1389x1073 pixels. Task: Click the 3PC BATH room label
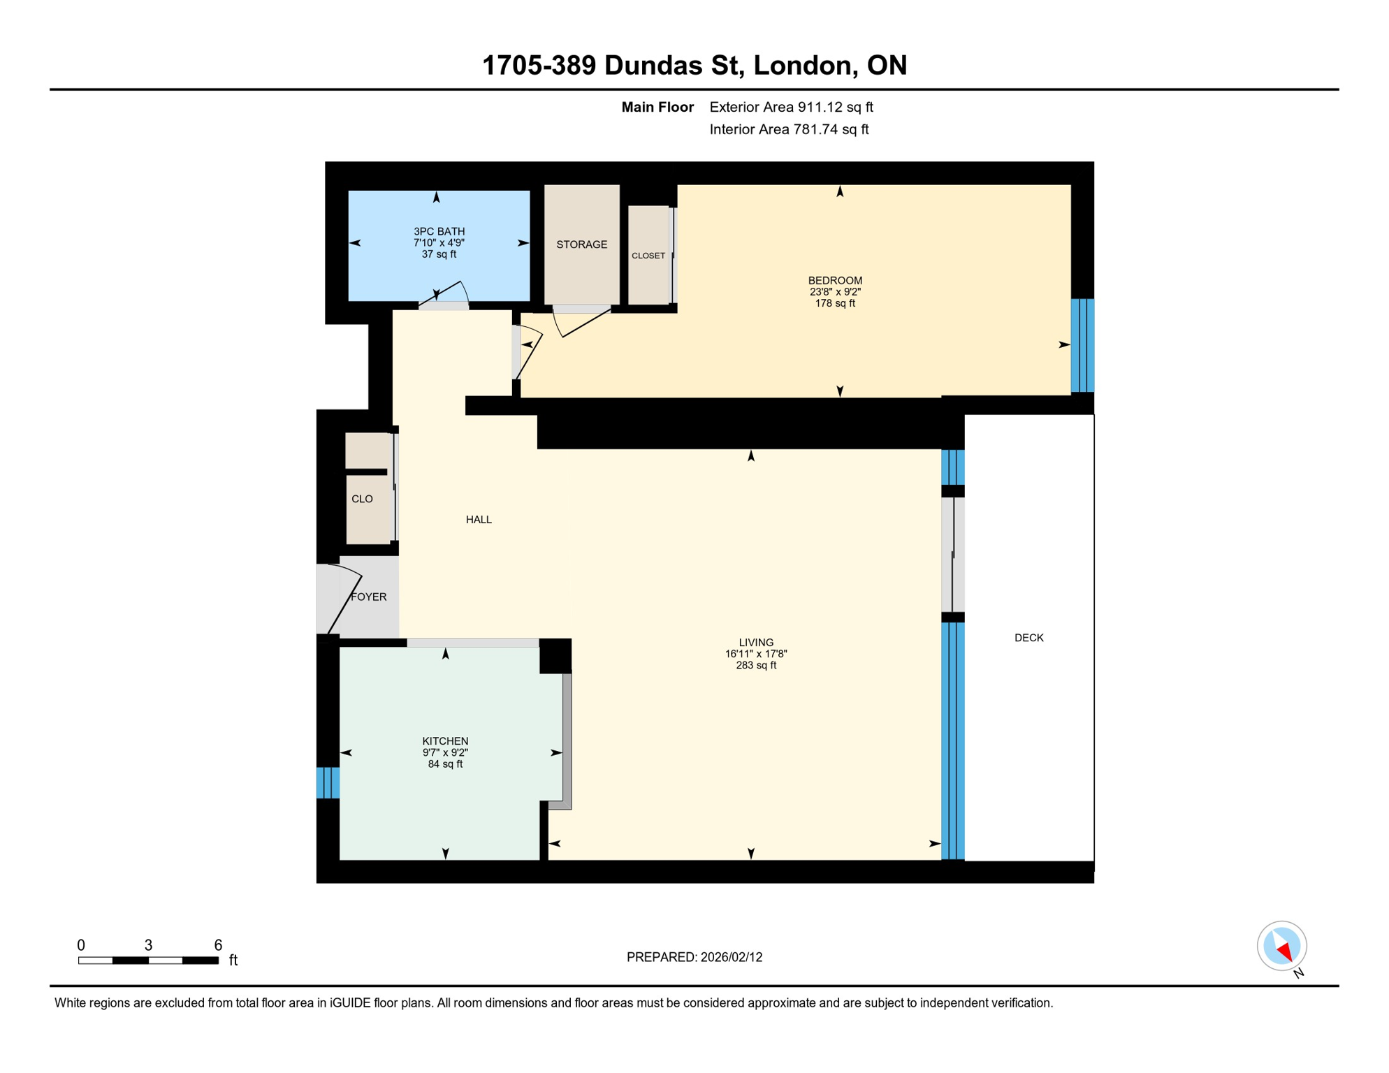tap(439, 231)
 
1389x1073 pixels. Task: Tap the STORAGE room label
tap(581, 244)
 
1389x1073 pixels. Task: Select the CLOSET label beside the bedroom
tap(648, 256)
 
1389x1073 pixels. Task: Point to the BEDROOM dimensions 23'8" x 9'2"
tap(835, 292)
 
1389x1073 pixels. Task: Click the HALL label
tap(479, 520)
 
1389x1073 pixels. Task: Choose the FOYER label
tap(368, 597)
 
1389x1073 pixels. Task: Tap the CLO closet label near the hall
tap(362, 499)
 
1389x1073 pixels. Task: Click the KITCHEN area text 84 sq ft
tap(445, 764)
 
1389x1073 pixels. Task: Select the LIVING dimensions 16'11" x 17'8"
tap(756, 654)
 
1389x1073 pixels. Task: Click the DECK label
tap(1028, 638)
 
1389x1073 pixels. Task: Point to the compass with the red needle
tap(1281, 947)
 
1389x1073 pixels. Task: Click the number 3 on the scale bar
tap(148, 945)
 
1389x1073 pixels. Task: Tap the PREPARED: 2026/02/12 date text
tap(694, 957)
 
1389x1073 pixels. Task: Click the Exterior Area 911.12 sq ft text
tap(791, 107)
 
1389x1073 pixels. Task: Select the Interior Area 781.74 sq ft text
tap(789, 129)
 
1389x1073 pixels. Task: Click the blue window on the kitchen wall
tap(328, 782)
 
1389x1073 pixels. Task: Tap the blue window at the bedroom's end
tap(1082, 345)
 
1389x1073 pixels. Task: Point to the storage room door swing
tap(580, 322)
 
